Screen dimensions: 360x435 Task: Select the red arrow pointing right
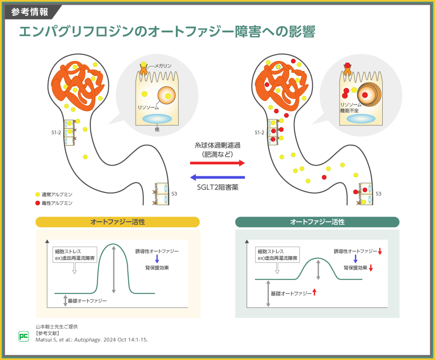(x=217, y=163)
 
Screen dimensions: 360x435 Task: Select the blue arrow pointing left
(x=217, y=178)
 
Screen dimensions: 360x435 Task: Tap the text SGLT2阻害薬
(x=217, y=187)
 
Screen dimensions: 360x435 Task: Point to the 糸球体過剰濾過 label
(x=217, y=145)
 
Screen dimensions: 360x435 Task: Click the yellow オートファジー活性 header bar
(x=118, y=222)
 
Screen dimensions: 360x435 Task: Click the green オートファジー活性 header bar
(x=317, y=222)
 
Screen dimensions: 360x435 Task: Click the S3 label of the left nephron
(x=174, y=194)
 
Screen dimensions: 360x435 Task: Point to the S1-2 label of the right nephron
(x=260, y=133)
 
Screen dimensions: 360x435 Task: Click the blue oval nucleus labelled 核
(x=157, y=119)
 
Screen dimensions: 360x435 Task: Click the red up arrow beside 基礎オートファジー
(x=315, y=292)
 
